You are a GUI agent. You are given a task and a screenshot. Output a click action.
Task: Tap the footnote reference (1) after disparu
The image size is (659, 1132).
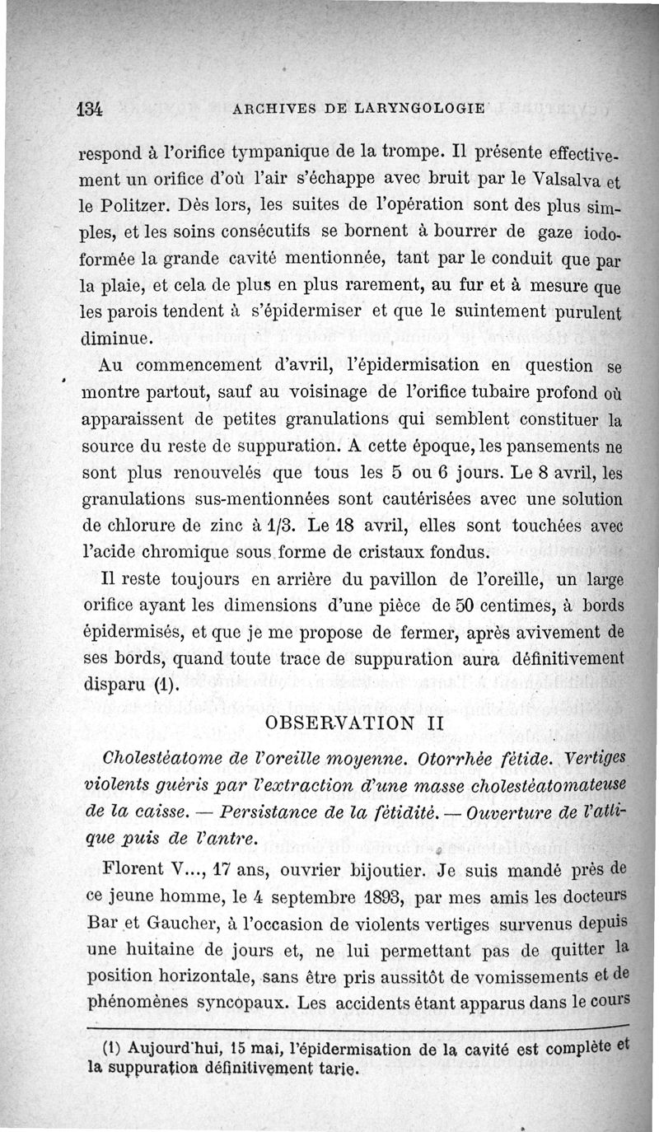[x=165, y=684]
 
